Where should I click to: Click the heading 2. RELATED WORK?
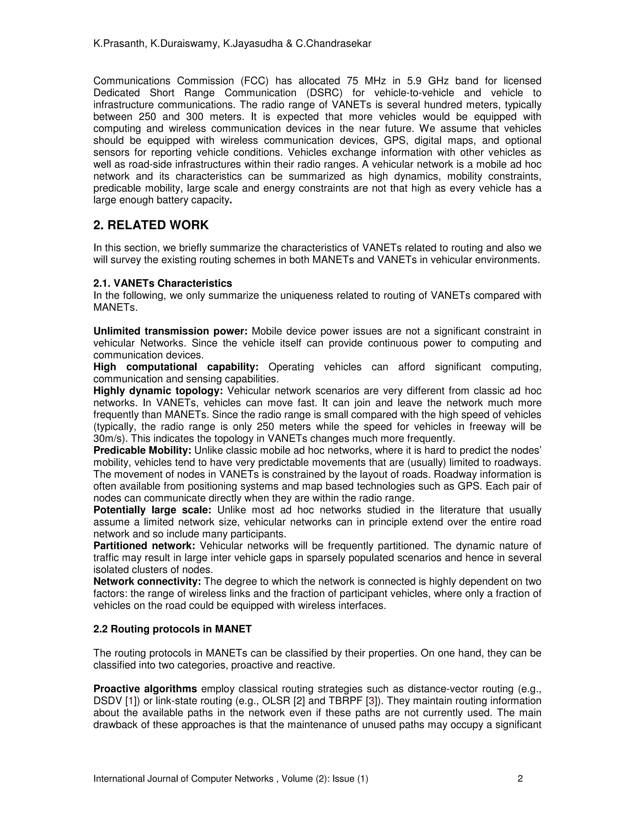click(151, 225)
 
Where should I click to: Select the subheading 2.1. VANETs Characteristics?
click(162, 283)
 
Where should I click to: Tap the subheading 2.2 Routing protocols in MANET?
click(172, 629)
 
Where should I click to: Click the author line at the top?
click(232, 44)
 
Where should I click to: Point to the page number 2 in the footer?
click(520, 779)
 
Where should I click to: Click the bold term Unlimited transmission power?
click(170, 331)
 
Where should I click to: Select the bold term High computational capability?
click(176, 367)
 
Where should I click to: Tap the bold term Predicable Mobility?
click(142, 450)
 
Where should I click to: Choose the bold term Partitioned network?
click(144, 546)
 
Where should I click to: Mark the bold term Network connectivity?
click(147, 582)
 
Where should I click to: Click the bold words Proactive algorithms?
click(145, 689)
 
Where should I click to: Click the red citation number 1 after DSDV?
click(131, 701)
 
